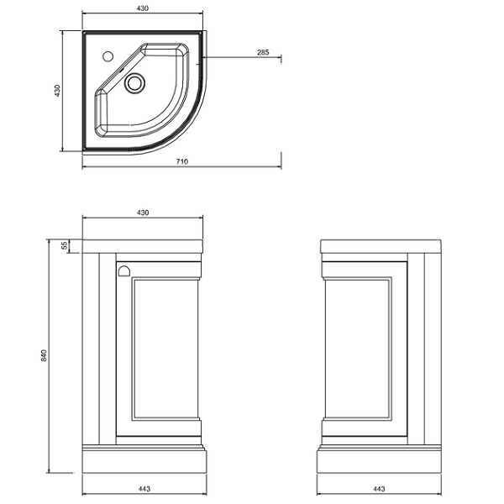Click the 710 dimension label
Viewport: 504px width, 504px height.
coord(182,161)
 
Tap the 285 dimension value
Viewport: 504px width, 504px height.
coord(263,52)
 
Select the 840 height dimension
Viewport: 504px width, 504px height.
coord(44,355)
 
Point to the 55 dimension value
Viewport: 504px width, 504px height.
coord(65,245)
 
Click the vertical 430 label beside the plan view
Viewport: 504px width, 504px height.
coord(57,91)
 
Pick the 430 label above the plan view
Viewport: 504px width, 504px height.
coord(143,8)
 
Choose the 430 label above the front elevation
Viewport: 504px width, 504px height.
coord(143,213)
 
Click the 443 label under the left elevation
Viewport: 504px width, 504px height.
coord(144,489)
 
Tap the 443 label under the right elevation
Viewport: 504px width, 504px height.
coord(379,489)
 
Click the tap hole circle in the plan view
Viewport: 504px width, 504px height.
coord(108,56)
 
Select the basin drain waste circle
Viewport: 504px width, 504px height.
coord(134,83)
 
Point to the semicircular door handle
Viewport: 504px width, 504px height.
coord(123,271)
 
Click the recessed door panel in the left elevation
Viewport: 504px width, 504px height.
coord(165,349)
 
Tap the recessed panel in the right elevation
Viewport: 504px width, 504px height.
coord(358,349)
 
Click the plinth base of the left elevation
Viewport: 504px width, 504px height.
coord(144,461)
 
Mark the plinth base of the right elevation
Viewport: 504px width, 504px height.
coord(379,461)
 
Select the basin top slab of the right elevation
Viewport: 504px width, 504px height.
coord(381,246)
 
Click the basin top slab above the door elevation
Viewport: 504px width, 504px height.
coord(143,246)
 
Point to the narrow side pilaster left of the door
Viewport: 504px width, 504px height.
coord(108,349)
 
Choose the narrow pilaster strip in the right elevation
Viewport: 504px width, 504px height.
coord(416,349)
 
